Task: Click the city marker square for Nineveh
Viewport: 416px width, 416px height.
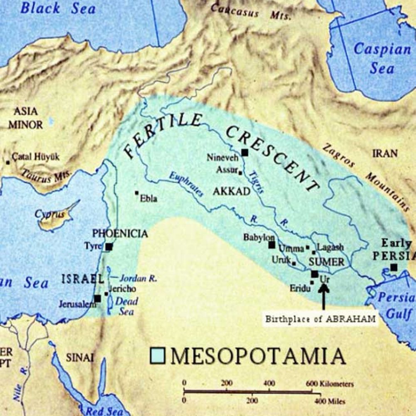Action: tap(245, 153)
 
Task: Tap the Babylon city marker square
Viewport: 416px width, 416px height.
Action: tap(272, 245)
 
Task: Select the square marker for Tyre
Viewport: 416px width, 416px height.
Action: tap(109, 247)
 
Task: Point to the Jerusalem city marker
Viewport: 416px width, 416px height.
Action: tap(97, 299)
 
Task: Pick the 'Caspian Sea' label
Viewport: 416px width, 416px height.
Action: tap(382, 58)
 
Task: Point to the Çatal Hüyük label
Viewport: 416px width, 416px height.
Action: tap(35, 157)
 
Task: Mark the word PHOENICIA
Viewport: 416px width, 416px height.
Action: tap(120, 233)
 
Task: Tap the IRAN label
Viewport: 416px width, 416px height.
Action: tap(384, 154)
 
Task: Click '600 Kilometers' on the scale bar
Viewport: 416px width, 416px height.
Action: tap(330, 384)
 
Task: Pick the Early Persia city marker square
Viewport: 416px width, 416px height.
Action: tap(394, 267)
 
